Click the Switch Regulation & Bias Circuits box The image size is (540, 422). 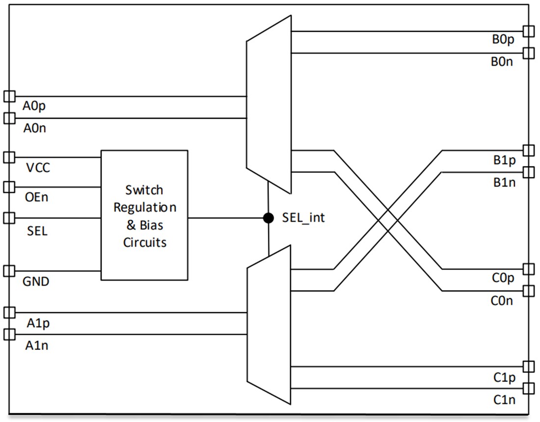144,215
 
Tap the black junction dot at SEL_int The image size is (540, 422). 269,218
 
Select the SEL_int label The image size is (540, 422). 303,217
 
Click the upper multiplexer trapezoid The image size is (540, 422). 269,105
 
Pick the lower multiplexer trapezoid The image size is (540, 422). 269,325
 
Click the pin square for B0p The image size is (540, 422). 529,31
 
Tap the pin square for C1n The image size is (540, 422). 529,389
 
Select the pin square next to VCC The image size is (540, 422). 9,158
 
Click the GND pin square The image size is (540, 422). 9,271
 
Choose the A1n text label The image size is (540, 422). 37,345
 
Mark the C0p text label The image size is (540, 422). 503,278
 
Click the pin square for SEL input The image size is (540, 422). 9,218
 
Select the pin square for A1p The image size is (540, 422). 9,313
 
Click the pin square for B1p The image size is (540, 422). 529,150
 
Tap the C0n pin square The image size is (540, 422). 529,291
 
